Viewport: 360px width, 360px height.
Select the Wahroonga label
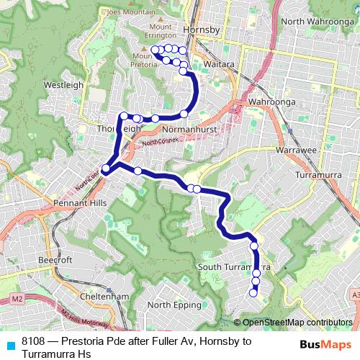tap(268, 102)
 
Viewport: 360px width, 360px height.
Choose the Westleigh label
tap(64, 84)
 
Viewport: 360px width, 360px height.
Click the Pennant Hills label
tap(79, 204)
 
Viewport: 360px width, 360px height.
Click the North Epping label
tap(174, 305)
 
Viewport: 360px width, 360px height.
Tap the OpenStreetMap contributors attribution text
tap(297, 323)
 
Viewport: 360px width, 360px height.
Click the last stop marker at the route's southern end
tap(253, 292)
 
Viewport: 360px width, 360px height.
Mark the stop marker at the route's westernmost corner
tap(105, 169)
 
